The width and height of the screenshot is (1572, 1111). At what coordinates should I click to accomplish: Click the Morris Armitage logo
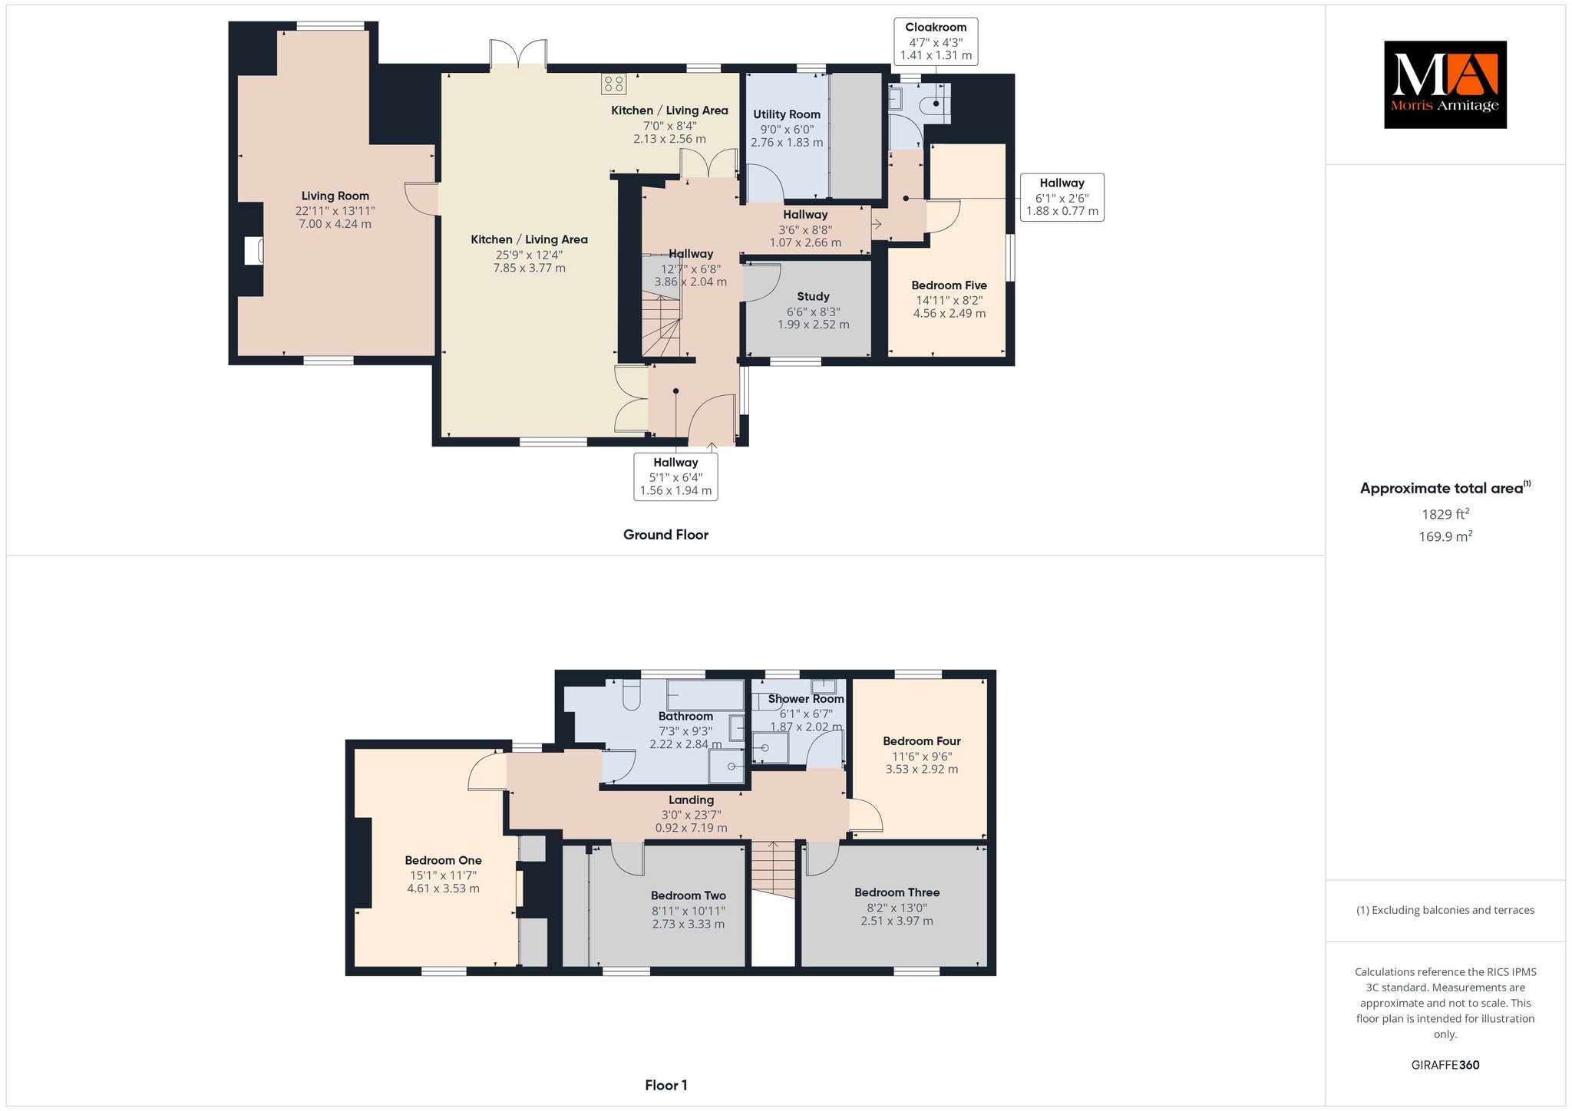[x=1445, y=84]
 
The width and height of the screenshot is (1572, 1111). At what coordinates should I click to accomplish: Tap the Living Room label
[x=335, y=196]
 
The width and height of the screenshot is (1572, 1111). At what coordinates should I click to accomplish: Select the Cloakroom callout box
[x=936, y=41]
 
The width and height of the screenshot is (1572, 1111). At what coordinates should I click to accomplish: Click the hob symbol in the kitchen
[x=614, y=83]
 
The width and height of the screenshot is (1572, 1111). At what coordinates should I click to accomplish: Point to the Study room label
[x=813, y=296]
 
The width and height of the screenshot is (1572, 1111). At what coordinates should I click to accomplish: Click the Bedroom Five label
[x=949, y=285]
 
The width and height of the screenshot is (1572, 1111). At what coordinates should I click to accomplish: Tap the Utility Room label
[x=787, y=114]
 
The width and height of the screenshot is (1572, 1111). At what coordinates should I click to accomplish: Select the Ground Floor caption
[x=665, y=535]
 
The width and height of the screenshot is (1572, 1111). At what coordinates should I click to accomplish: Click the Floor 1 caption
[x=666, y=1085]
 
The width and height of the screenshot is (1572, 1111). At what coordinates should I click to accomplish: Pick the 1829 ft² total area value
[x=1445, y=514]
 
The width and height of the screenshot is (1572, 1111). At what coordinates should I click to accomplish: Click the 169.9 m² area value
[x=1445, y=536]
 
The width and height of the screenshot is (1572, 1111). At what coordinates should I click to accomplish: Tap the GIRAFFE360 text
[x=1445, y=1065]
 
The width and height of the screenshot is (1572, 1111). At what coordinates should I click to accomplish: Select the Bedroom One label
[x=443, y=861]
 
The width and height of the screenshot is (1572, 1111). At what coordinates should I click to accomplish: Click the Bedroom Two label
[x=688, y=895]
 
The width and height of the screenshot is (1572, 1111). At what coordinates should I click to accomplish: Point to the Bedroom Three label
[x=897, y=892]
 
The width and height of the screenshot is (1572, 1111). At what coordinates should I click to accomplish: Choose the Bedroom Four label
[x=921, y=741]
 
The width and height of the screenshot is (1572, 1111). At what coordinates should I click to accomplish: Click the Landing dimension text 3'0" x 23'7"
[x=691, y=815]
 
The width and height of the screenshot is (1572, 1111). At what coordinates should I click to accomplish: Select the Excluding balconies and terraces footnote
[x=1445, y=910]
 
